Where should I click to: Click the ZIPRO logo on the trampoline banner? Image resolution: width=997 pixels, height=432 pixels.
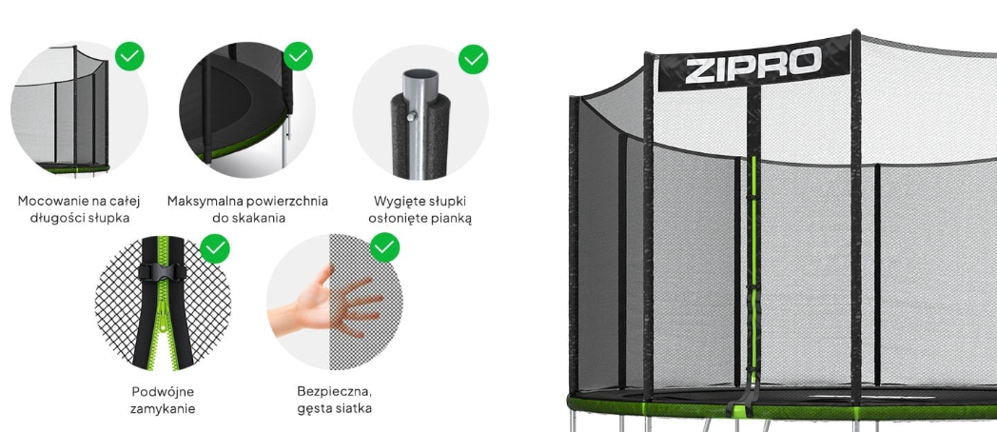(753, 65)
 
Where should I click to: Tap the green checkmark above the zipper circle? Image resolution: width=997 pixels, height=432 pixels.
(215, 247)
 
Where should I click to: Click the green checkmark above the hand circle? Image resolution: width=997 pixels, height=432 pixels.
(384, 247)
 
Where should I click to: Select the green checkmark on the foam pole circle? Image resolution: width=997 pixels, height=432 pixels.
(473, 59)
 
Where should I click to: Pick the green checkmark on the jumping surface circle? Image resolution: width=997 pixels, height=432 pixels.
(298, 56)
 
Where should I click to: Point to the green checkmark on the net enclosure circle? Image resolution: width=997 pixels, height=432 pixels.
(129, 56)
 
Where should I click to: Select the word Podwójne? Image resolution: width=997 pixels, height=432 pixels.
(163, 391)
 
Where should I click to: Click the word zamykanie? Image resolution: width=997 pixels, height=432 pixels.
(163, 408)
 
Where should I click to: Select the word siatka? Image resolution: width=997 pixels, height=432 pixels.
(354, 408)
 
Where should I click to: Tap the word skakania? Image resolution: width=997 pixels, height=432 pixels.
(257, 218)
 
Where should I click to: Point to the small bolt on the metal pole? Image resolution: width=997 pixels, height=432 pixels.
(411, 115)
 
